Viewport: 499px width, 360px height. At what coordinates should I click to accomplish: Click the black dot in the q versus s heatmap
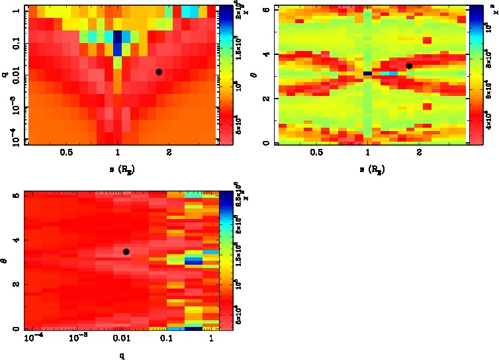point(159,71)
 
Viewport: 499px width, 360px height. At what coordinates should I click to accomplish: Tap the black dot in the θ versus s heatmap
point(409,66)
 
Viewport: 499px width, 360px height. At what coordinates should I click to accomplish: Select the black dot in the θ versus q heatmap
point(126,251)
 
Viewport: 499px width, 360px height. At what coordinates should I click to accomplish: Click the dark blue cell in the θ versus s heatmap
point(367,73)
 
